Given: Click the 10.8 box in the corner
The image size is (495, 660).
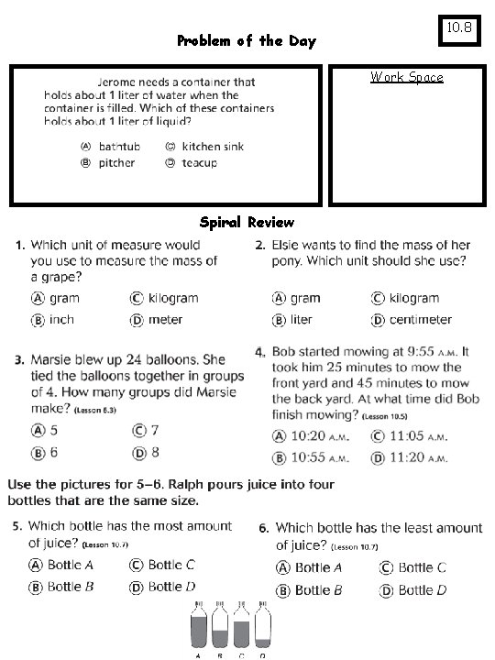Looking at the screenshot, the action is (x=458, y=29).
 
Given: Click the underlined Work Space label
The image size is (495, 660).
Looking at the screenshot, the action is (x=406, y=77).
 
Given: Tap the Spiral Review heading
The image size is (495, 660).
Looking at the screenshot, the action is (x=247, y=222).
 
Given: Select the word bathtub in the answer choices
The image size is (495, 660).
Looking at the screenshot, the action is (x=119, y=147).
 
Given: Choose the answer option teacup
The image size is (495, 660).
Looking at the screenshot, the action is (x=200, y=163).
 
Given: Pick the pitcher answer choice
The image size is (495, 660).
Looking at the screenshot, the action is (x=116, y=163).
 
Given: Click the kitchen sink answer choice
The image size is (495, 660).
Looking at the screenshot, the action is (x=213, y=147).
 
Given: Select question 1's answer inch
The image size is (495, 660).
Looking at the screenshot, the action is (x=61, y=320).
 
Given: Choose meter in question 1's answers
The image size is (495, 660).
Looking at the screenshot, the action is (x=165, y=320).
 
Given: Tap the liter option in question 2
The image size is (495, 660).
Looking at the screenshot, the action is (x=301, y=320).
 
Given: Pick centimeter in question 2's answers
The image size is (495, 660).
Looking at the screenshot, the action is (x=420, y=320).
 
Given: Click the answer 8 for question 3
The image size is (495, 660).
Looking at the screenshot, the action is (x=155, y=452).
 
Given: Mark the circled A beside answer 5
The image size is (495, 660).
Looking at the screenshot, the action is (x=38, y=430).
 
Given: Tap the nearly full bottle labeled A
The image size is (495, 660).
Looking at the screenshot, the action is (x=199, y=628).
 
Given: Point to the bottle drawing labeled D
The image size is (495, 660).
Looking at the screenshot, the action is (x=262, y=628).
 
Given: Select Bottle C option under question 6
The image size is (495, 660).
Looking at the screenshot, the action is (x=422, y=568).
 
